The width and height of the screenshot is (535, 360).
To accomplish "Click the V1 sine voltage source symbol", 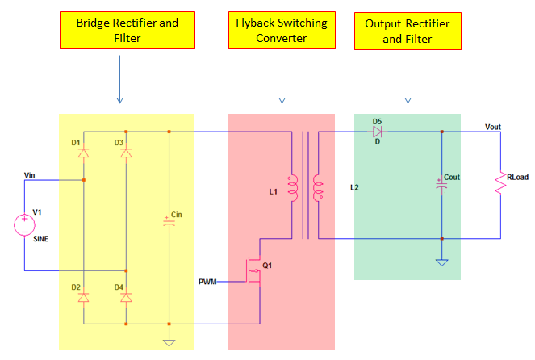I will click(24, 224).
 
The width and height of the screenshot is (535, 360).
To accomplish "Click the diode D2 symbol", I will click(83, 297).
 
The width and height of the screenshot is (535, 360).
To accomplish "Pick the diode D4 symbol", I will click(125, 297).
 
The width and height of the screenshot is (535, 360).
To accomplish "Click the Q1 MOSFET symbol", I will click(256, 274).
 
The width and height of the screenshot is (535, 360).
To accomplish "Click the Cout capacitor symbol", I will click(441, 183).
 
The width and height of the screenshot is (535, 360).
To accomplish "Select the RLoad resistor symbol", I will click(500, 185).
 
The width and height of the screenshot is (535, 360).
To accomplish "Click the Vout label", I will click(493, 126).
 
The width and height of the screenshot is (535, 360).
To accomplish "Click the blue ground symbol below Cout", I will click(441, 262).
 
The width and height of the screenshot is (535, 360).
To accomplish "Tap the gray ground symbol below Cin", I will click(169, 342).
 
